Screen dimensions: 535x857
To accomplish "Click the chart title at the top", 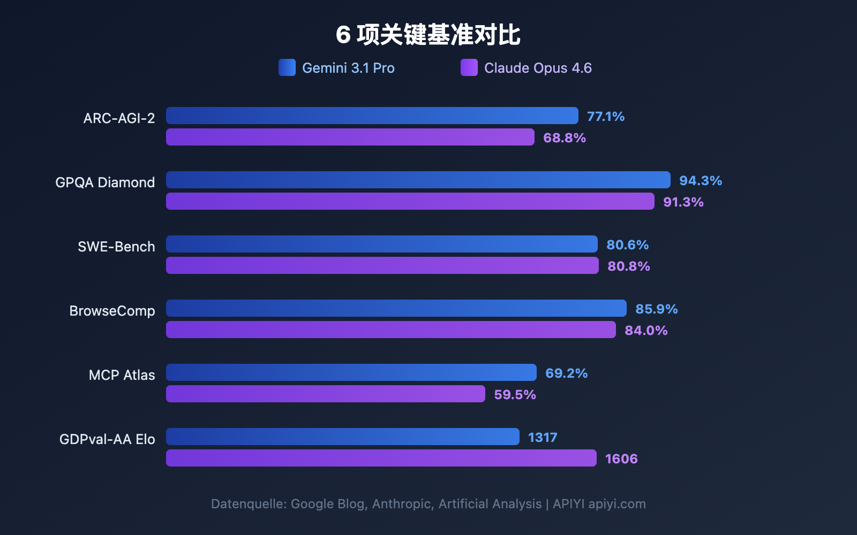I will [428, 35].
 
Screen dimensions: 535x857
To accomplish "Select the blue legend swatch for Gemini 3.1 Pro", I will [287, 68].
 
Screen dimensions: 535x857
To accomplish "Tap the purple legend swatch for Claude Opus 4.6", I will [469, 68].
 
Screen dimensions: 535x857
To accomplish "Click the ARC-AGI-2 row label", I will [119, 118].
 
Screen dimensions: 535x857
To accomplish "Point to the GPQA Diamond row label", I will [105, 182].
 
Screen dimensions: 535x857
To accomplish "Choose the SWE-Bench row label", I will [116, 247].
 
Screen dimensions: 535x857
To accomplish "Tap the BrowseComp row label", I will [112, 311].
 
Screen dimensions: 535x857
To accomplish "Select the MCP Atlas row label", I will [122, 375].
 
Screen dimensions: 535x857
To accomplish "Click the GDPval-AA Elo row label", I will [107, 439].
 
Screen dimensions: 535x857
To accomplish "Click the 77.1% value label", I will [606, 117].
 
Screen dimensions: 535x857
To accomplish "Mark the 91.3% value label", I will [683, 202].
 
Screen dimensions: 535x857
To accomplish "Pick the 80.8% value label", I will [629, 266].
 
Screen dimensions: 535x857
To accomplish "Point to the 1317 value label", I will [543, 438].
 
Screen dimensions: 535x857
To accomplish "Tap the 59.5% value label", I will [515, 395].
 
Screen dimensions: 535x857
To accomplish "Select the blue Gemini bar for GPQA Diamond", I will [418, 180].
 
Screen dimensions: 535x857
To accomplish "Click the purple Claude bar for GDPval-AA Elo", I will [381, 458].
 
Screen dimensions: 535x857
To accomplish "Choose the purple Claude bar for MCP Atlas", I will [325, 394].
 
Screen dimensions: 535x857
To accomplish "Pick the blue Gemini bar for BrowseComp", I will [396, 308].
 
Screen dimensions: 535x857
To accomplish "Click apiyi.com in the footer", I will [617, 504].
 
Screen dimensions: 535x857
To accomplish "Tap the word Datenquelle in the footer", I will [249, 504].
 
